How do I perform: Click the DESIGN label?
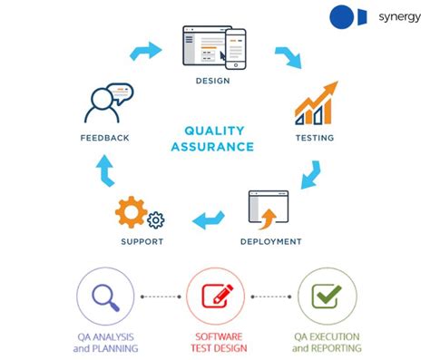pos(211,81)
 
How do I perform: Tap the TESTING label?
pos(314,138)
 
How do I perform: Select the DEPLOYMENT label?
pos(270,241)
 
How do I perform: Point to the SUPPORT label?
pos(142,241)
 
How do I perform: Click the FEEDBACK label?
pos(103,138)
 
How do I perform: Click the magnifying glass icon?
pos(107,297)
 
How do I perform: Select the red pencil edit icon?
pos(215,297)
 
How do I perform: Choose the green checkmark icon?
pos(326,297)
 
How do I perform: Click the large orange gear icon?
pos(131,211)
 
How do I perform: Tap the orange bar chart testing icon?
pos(314,105)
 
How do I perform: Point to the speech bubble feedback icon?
pos(106,102)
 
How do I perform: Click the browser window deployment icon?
pos(268,209)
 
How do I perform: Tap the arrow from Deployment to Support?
pos(208,219)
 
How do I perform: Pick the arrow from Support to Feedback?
pos(104,170)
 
